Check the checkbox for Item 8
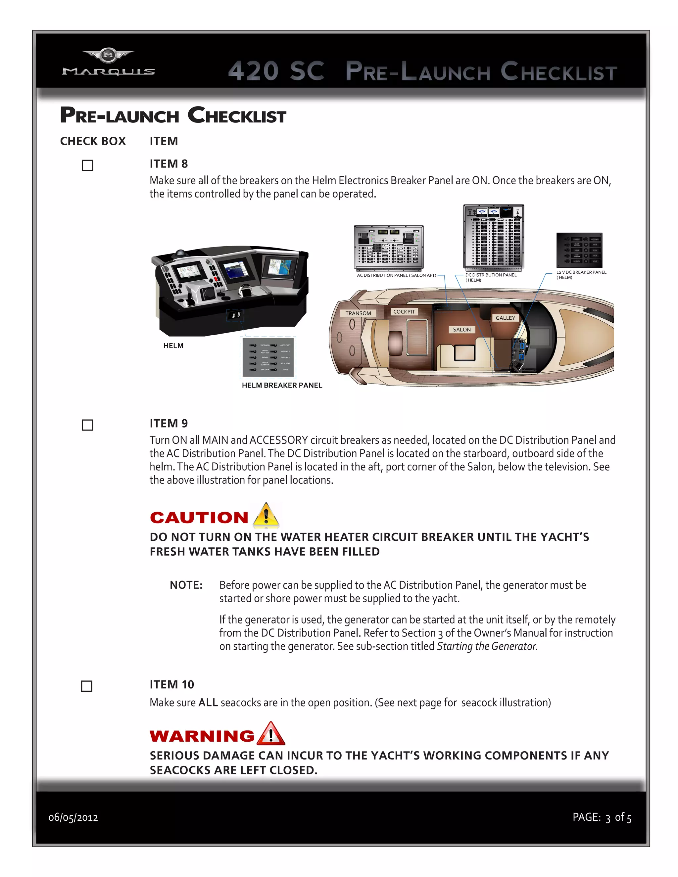point(87,165)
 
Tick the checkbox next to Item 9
point(87,425)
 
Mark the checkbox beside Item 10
point(87,686)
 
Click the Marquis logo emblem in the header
point(108,55)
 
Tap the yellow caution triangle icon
point(266,516)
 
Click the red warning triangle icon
point(271,734)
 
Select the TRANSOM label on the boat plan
point(358,313)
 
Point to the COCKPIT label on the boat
point(404,312)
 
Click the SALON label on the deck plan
point(461,330)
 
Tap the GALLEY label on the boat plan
point(505,318)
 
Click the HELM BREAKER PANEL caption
point(282,385)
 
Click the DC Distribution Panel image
point(494,237)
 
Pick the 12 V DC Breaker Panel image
point(579,250)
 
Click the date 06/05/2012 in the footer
point(73,817)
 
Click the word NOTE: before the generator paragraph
point(186,585)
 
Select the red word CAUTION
point(199,518)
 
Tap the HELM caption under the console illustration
point(173,346)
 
